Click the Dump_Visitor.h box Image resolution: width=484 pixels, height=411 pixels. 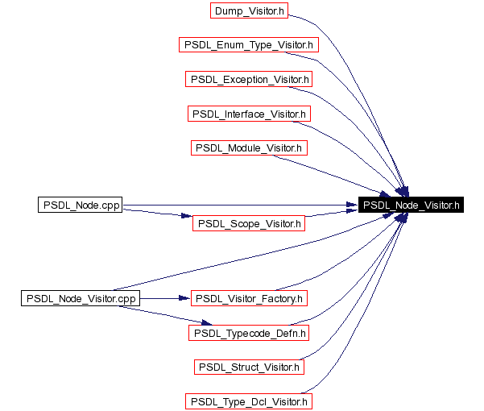click(249, 10)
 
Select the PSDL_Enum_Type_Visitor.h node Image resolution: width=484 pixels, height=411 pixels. click(249, 45)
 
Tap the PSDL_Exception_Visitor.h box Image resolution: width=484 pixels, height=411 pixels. click(249, 79)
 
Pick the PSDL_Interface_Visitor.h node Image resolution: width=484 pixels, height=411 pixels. click(249, 114)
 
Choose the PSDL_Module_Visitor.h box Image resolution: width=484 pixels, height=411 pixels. click(249, 148)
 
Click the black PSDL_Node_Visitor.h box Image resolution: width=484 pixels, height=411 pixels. click(411, 205)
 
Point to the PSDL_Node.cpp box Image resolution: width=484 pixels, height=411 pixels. click(81, 205)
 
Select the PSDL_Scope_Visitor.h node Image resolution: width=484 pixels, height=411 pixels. click(249, 223)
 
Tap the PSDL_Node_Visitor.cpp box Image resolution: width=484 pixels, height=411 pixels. click(81, 298)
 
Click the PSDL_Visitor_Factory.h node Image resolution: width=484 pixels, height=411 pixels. click(249, 298)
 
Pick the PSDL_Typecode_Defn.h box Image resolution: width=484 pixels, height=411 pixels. click(249, 333)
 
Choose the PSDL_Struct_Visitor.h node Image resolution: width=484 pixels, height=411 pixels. click(249, 367)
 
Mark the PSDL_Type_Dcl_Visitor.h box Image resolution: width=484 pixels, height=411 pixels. click(249, 401)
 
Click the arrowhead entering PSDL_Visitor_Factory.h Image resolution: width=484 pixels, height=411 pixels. click(184, 298)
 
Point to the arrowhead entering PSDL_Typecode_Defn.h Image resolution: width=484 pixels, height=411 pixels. click(206, 322)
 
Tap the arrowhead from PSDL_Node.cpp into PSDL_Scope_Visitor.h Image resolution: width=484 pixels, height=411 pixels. click(187, 215)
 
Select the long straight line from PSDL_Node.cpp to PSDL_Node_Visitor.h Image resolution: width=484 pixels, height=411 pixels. click(240, 205)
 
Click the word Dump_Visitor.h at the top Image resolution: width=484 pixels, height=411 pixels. click(249, 11)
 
